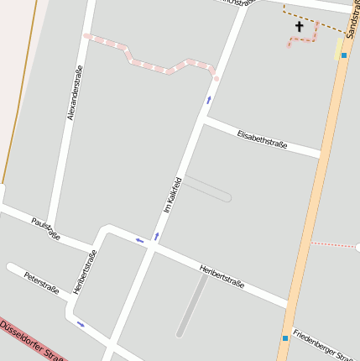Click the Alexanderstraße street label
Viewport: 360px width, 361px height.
(x=74, y=92)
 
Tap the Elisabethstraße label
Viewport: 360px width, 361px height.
(x=262, y=139)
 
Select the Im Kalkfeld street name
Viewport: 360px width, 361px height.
(x=173, y=194)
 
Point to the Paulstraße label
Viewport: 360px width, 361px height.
(x=45, y=228)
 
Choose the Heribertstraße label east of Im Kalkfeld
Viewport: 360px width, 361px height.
(x=222, y=276)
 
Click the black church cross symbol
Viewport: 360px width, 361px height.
(x=299, y=26)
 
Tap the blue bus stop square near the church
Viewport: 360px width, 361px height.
(x=343, y=55)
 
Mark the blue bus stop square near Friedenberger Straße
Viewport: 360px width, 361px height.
(x=285, y=337)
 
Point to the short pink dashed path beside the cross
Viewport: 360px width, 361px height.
(x=306, y=39)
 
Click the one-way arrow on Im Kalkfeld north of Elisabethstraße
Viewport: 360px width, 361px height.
(x=208, y=101)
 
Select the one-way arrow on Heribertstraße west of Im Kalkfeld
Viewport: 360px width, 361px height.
(x=140, y=241)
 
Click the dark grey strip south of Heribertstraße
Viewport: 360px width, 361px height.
(x=192, y=306)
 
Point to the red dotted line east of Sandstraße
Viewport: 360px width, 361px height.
(x=333, y=245)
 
